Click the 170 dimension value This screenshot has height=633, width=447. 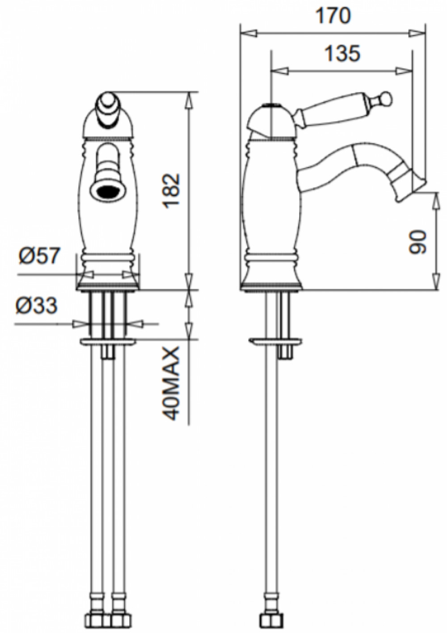[333, 17]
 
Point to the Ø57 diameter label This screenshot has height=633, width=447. [40, 256]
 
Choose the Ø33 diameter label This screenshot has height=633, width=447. [37, 306]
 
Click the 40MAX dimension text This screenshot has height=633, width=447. [172, 385]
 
